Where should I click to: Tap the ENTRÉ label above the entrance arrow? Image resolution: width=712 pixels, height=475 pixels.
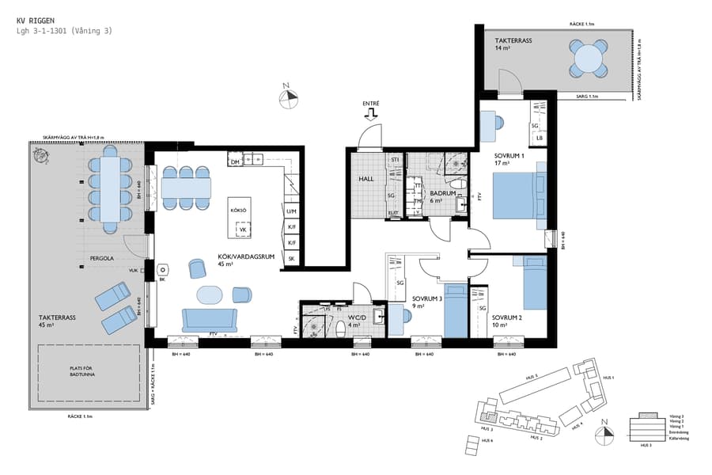(x=370, y=104)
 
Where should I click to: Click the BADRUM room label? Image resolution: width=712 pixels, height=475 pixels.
(x=441, y=193)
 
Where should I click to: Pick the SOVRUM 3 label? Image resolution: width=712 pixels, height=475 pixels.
(x=427, y=299)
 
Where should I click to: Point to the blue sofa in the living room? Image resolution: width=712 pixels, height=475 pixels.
(x=209, y=319)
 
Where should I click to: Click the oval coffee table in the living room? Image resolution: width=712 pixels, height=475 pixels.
(x=210, y=294)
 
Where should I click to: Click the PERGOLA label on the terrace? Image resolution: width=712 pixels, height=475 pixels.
(x=100, y=258)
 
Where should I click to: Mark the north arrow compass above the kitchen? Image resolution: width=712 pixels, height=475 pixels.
(x=290, y=97)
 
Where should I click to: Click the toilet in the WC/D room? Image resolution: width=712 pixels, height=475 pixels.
(x=339, y=330)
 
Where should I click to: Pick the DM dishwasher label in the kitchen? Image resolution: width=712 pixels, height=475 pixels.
(x=234, y=161)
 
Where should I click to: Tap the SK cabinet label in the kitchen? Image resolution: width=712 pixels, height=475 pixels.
(x=292, y=259)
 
